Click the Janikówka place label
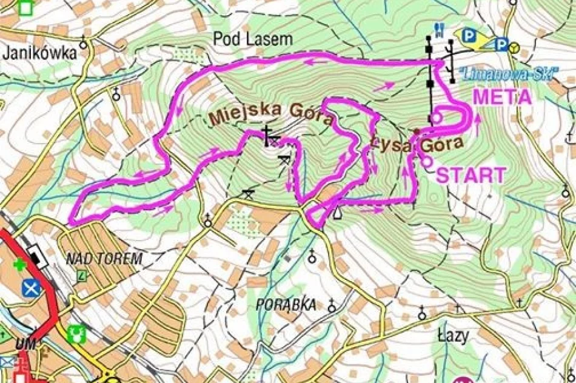point(40,53)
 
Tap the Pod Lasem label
point(252,39)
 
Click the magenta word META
point(502,97)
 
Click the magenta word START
point(471,176)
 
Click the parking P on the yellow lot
point(469,36)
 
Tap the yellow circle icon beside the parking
point(514,46)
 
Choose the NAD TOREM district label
point(104,259)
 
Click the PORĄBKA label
point(286,304)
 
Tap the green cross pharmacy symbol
point(20,264)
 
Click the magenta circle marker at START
point(427,161)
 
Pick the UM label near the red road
point(25,344)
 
